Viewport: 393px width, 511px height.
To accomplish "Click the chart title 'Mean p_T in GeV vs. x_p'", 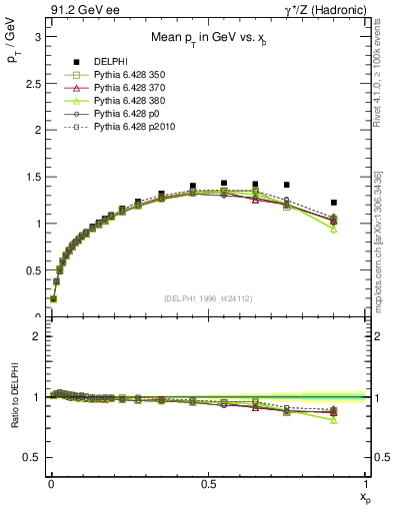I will (207, 37).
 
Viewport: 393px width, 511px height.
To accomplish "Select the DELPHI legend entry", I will (110, 61).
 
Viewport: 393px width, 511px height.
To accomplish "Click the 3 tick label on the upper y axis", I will (36, 36).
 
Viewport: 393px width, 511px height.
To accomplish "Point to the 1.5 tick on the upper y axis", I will (32, 177).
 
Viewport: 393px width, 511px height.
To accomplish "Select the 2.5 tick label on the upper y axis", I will (32, 83).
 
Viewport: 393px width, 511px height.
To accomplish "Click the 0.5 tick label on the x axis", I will (207, 483).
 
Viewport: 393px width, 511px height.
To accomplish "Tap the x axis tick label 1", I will (364, 483).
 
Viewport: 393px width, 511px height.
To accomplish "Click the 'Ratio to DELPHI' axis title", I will (14, 398).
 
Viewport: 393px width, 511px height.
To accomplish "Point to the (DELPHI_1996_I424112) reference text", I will (207, 296).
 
